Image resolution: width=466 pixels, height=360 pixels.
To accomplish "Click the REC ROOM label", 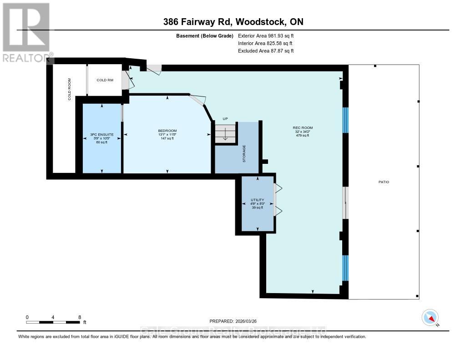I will (x=303, y=128).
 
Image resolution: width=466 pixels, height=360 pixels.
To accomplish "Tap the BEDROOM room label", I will (x=167, y=131).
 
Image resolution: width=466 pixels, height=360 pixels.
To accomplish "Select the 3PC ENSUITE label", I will (x=101, y=135).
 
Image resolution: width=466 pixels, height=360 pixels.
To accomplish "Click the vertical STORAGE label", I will (x=244, y=154).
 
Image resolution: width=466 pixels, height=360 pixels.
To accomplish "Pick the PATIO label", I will (x=383, y=182).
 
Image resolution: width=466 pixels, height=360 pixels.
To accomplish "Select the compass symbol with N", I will (x=430, y=317).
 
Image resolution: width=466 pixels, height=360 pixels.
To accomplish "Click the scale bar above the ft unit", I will (x=54, y=322).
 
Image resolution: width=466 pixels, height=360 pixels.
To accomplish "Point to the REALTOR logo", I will (x=27, y=32).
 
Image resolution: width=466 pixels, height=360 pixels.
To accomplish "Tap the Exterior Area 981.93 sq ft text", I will (x=269, y=35).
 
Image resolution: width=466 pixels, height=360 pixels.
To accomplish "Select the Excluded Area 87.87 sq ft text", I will (x=266, y=51).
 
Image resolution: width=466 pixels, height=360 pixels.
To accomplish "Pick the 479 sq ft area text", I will (x=303, y=135).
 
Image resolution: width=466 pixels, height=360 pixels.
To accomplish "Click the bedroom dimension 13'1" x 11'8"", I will (x=167, y=135).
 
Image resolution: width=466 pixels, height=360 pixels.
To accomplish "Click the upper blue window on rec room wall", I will (x=345, y=120).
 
